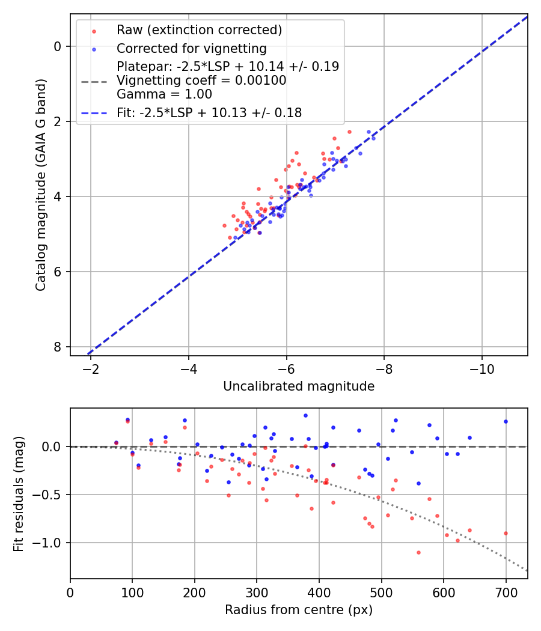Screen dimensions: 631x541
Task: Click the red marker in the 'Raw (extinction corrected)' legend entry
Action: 94,30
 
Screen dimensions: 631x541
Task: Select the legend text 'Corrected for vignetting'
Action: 191,48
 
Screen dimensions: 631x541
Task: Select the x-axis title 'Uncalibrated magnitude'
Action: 299,386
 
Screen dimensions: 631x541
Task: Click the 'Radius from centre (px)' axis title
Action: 299,610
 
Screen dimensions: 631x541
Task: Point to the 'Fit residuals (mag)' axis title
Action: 19,493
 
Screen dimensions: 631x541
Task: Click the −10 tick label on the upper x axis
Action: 481,368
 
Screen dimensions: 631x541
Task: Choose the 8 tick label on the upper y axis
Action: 58,347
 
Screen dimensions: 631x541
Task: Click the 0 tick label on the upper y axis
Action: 58,46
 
